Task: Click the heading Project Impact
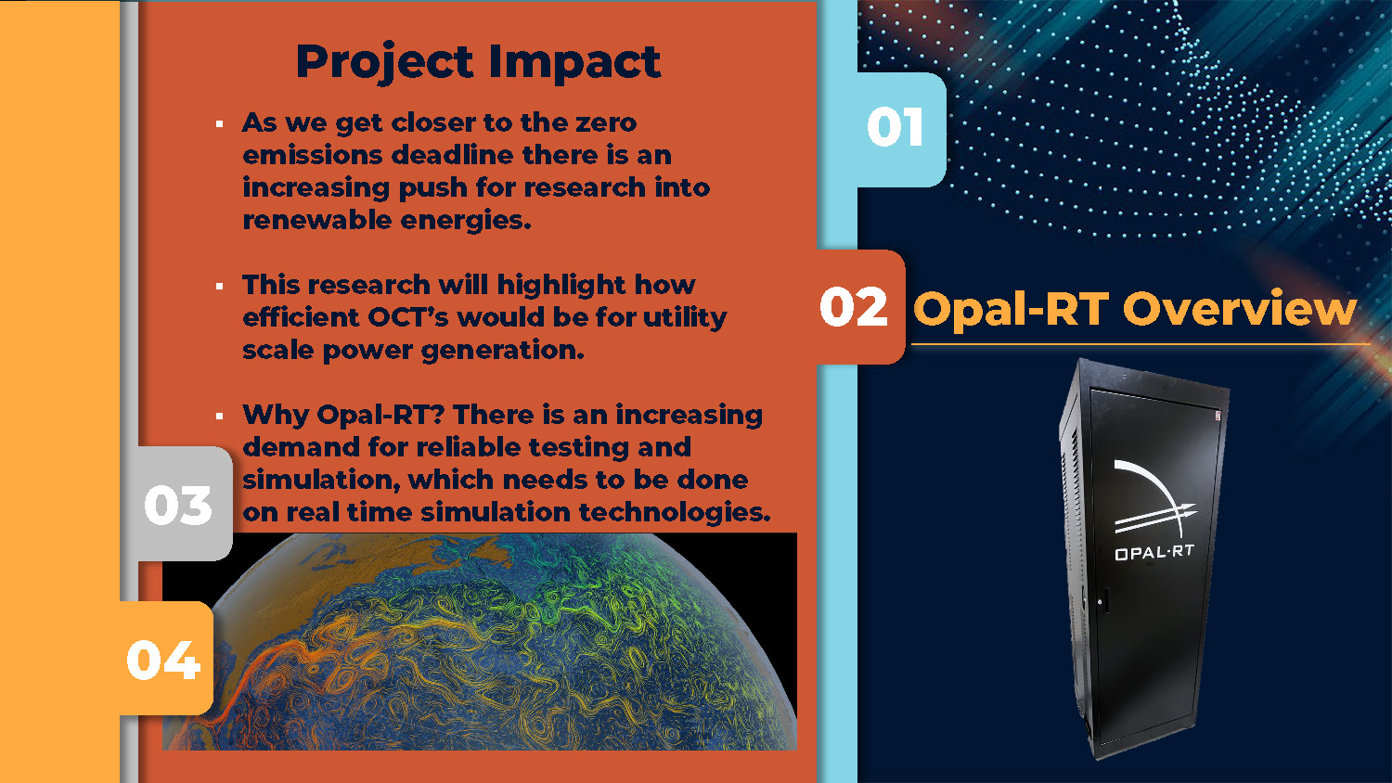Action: click(x=478, y=63)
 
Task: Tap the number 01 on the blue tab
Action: click(x=895, y=127)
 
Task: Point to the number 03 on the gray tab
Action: click(x=178, y=505)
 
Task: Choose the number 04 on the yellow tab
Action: click(x=163, y=660)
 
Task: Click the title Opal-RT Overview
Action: click(x=1134, y=308)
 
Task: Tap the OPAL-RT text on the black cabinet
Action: click(x=1154, y=552)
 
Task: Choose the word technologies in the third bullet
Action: click(x=675, y=513)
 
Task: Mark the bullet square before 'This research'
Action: click(x=219, y=287)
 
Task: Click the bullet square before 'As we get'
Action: click(x=219, y=124)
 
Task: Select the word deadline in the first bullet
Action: click(x=453, y=155)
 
